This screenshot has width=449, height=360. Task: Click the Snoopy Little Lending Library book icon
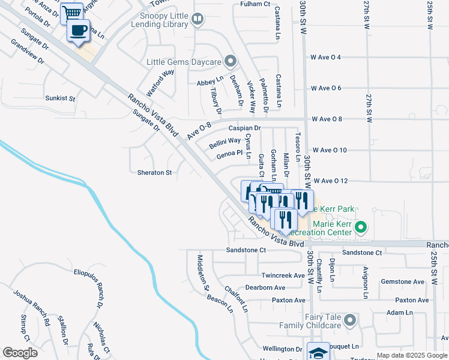coord(196,20)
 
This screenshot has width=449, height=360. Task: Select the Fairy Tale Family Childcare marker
coord(350,320)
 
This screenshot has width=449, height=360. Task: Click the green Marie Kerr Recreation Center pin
coord(361,227)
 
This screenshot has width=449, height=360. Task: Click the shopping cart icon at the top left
coord(72,13)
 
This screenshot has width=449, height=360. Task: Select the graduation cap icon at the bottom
coord(318,352)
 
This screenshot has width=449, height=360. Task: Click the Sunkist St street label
coord(61,98)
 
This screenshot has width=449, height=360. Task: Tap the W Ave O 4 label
coord(326,57)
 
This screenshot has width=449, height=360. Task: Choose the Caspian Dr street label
coord(245,128)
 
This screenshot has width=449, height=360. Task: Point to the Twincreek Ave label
coord(284,275)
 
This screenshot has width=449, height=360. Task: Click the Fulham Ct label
coord(256,4)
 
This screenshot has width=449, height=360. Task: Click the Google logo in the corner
coord(20,353)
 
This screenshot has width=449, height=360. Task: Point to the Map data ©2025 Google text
coord(403,355)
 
